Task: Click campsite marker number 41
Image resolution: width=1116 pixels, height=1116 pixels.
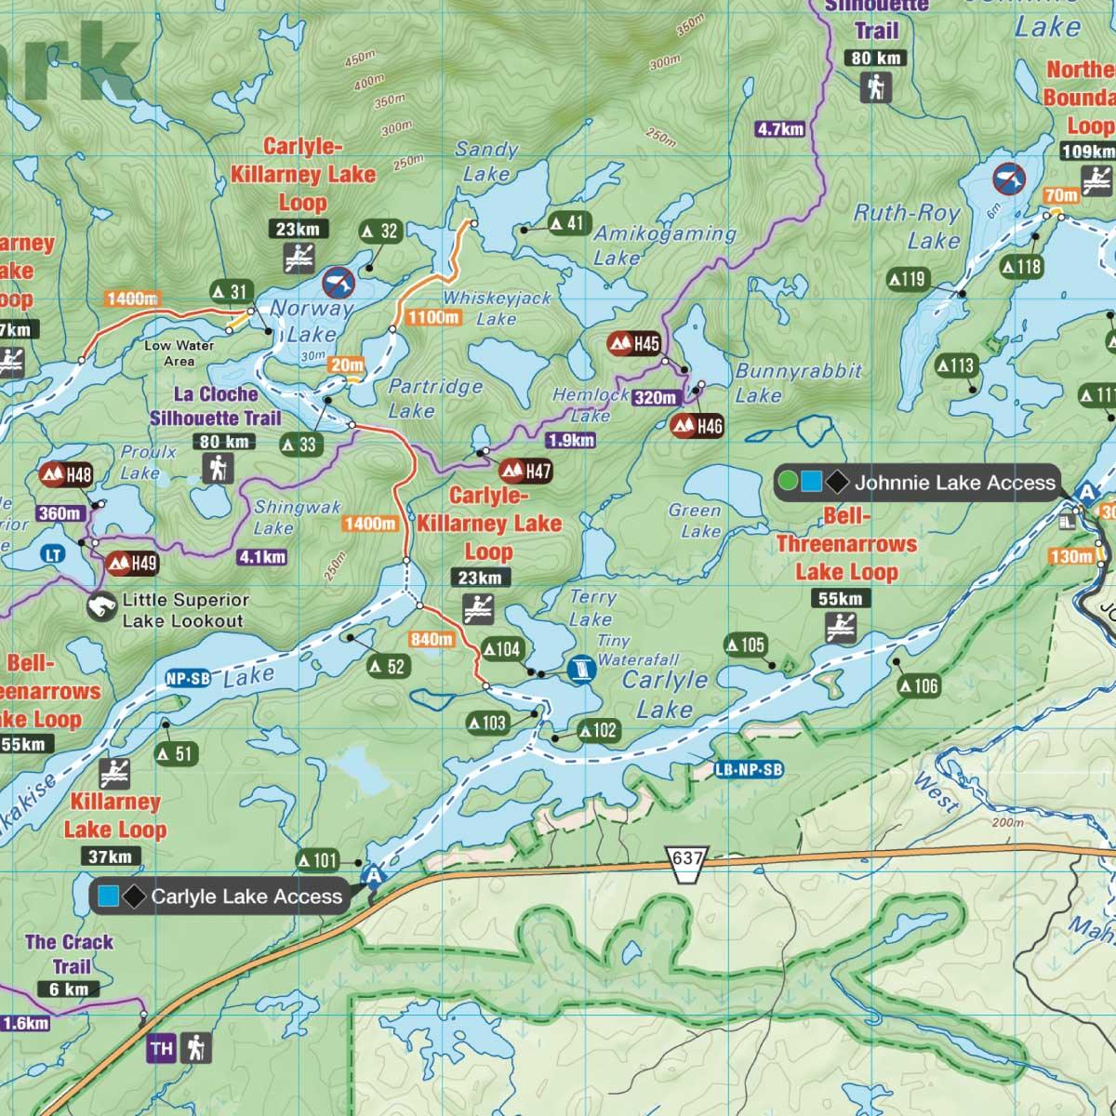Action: (569, 223)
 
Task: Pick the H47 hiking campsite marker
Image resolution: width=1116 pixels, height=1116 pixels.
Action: (525, 471)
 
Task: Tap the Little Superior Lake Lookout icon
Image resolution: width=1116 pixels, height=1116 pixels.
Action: (101, 608)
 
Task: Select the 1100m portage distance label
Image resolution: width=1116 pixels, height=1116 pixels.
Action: (433, 318)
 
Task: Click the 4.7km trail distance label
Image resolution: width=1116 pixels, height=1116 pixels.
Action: (779, 129)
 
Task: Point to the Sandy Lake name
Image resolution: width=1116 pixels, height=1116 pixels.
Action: (485, 161)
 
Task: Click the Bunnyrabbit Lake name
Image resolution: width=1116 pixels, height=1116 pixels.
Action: (798, 382)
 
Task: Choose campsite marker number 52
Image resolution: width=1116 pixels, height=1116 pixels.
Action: (388, 666)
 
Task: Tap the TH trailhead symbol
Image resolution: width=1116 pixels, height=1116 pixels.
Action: (161, 1049)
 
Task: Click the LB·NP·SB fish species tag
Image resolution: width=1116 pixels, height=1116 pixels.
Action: (748, 770)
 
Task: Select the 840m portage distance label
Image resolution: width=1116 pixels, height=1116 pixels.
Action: (432, 639)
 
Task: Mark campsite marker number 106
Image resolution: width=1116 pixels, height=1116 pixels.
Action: (918, 686)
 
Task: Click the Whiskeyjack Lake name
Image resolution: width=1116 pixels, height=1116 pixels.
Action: (497, 308)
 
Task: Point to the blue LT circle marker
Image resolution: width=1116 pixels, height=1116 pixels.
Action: (53, 555)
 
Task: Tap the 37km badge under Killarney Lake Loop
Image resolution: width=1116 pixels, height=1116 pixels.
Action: (110, 857)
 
